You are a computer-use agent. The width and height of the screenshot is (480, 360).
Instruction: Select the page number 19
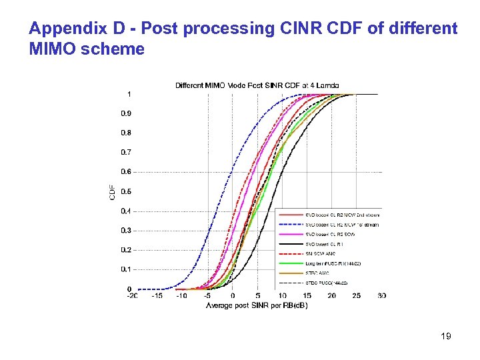445,336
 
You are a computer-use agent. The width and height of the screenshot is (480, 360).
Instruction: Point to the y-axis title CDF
111,192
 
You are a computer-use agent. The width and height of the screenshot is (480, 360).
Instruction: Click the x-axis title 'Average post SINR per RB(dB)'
257,305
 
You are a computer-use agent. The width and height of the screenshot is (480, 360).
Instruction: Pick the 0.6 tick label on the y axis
126,172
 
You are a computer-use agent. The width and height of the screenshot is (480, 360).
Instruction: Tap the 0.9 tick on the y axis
126,113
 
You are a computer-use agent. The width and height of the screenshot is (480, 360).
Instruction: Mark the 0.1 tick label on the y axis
126,269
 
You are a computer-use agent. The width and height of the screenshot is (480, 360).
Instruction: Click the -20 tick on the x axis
133,296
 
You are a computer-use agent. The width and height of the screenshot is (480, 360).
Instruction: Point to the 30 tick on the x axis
381,296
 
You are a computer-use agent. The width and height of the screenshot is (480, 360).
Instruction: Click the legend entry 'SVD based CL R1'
329,244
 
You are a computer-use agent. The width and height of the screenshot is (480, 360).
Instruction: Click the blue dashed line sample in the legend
291,225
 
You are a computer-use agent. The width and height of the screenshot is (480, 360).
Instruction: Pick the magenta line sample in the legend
291,235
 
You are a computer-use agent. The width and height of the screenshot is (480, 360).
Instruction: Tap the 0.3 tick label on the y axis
126,231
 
